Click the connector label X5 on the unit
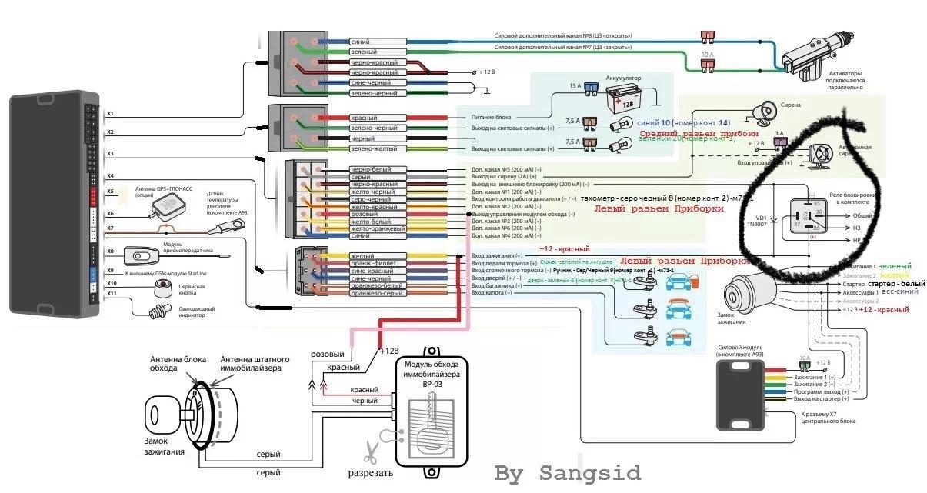(x=110, y=192)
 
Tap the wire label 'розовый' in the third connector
(x=365, y=213)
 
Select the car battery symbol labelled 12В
(x=620, y=99)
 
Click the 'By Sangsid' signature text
(x=567, y=471)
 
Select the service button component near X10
(x=163, y=288)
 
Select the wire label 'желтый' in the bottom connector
(x=362, y=256)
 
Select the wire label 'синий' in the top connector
(x=361, y=42)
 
